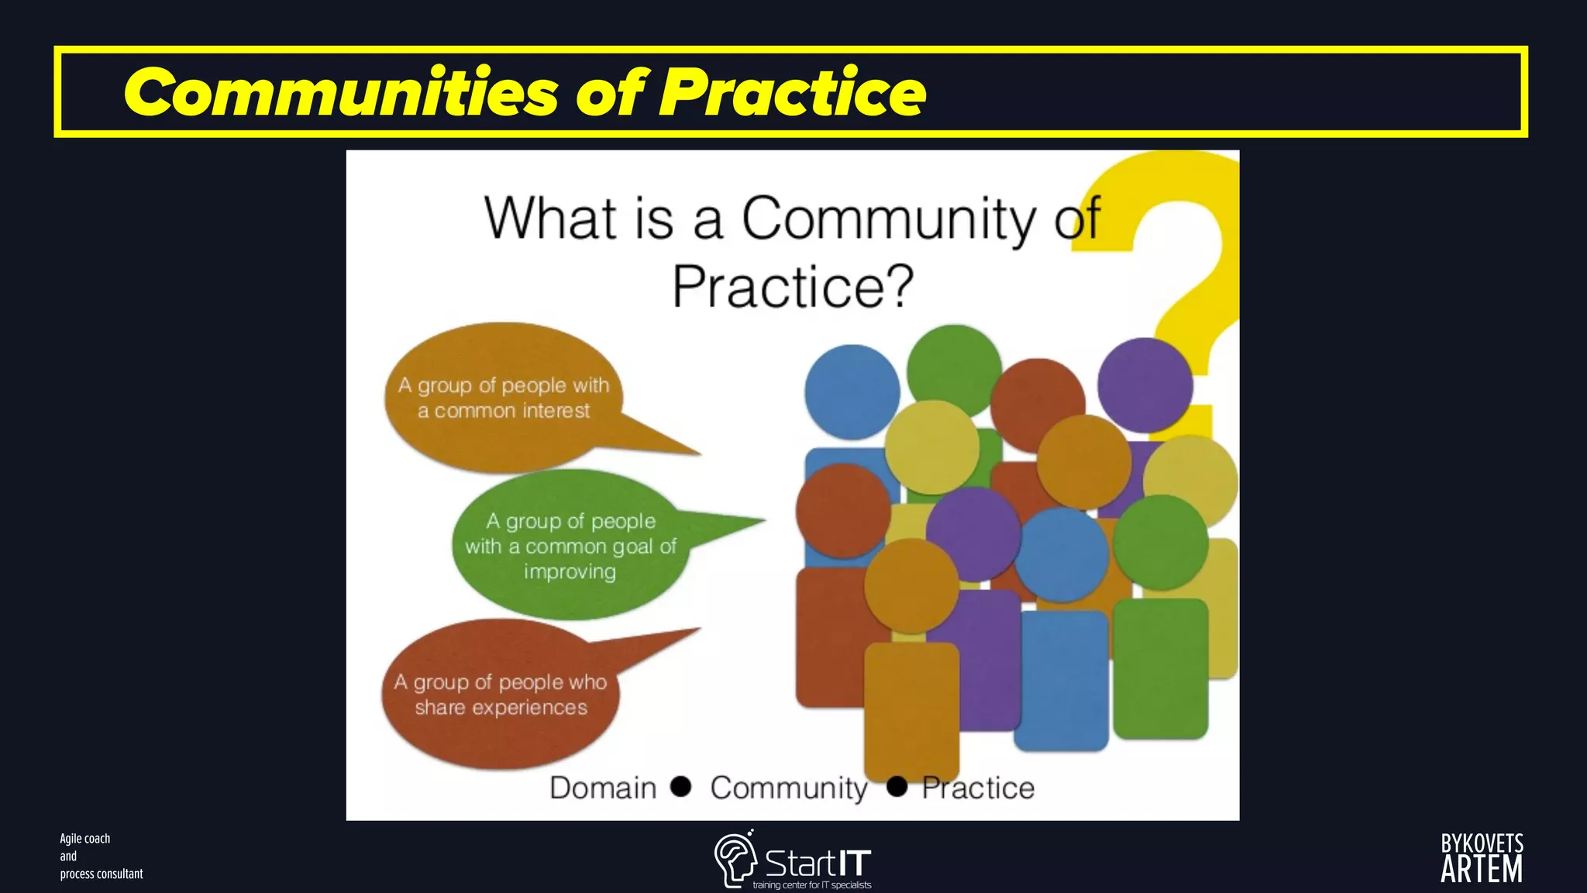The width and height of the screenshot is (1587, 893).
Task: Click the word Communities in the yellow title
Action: coord(341,92)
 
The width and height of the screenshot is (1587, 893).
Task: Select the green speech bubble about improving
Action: coord(570,546)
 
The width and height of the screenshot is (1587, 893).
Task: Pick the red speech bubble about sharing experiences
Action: coord(501,694)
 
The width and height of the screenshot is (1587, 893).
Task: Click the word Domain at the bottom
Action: coord(603,788)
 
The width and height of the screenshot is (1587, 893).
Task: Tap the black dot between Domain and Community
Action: coord(681,786)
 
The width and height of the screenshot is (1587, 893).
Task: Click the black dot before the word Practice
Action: coord(897,786)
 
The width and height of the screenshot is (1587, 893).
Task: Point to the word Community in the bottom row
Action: coord(789,788)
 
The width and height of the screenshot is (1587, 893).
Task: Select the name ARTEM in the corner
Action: coord(1481,871)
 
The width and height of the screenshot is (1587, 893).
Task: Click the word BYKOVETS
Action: coord(1482,843)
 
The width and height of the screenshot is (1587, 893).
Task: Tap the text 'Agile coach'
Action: coord(85,839)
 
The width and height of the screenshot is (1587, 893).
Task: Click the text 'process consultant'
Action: coord(102,874)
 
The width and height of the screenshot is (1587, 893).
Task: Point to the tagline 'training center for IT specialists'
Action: coord(812,885)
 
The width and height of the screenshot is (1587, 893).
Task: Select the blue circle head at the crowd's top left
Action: coord(852,392)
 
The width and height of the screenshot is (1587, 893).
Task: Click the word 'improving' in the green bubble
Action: coord(570,572)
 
